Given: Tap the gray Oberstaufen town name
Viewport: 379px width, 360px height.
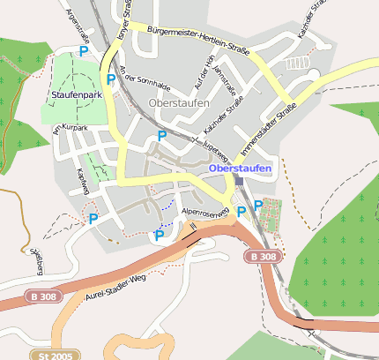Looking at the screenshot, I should point(180,103).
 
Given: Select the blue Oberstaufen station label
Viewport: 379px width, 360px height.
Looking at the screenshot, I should point(240,168).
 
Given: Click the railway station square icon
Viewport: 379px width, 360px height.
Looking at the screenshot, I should point(239,180).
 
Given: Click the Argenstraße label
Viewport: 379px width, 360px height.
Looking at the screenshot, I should point(78,26).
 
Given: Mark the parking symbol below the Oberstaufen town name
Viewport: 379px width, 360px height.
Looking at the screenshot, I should point(161,135).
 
